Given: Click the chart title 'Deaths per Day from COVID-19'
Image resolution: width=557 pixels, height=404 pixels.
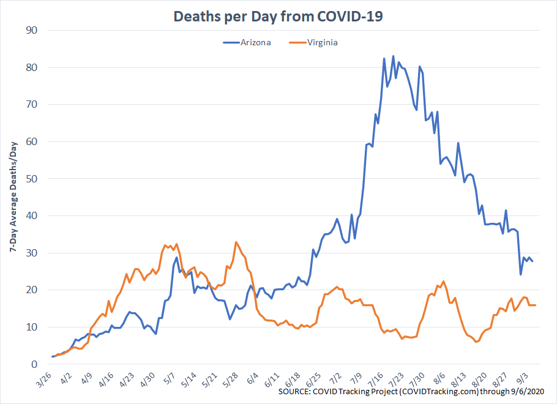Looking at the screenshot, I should click(x=278, y=17).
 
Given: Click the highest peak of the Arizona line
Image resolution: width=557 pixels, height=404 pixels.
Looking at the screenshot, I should click(x=393, y=56).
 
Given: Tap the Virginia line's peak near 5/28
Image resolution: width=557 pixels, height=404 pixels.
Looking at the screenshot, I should click(x=236, y=242).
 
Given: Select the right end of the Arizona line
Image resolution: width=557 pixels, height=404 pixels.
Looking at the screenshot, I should click(x=533, y=261).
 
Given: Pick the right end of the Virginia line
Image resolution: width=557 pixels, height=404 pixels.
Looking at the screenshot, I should click(x=536, y=305).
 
